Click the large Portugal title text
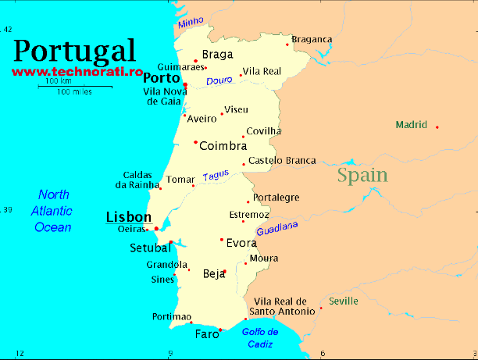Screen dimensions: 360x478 [x=74, y=51]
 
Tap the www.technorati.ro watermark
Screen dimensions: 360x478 [x=77, y=71]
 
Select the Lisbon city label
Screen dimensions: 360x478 [x=128, y=216]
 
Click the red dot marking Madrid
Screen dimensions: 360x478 [x=437, y=127]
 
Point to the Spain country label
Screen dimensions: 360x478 [x=362, y=175]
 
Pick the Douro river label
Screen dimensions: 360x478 [x=219, y=80]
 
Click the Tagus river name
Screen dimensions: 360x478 [x=216, y=176]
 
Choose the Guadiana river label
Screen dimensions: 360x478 [x=277, y=229]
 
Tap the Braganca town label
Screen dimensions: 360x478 [x=312, y=40]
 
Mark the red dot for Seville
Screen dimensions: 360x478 [x=321, y=308]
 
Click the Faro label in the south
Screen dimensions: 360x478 [x=207, y=335]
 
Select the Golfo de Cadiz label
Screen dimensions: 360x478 [x=265, y=337]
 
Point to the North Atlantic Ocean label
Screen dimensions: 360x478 [x=52, y=211]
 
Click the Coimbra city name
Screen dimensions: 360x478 [x=223, y=146]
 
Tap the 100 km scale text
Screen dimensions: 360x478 [x=58, y=81]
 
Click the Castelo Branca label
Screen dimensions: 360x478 [x=282, y=161]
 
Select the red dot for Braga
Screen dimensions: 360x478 [x=195, y=60]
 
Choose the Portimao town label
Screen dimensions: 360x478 [x=172, y=316]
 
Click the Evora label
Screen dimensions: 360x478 [x=241, y=243]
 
